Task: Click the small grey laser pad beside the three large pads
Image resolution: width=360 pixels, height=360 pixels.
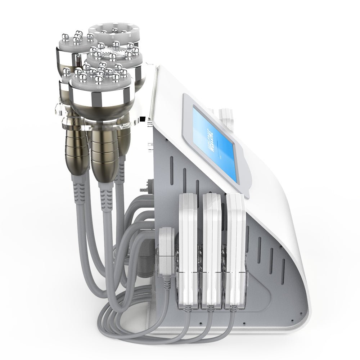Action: coord(166,248)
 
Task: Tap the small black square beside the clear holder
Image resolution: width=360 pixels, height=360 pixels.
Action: coord(143,118)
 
